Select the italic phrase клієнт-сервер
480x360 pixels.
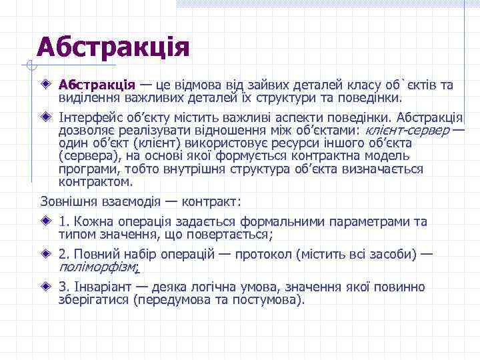(x=407, y=130)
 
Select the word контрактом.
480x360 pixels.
(x=96, y=181)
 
